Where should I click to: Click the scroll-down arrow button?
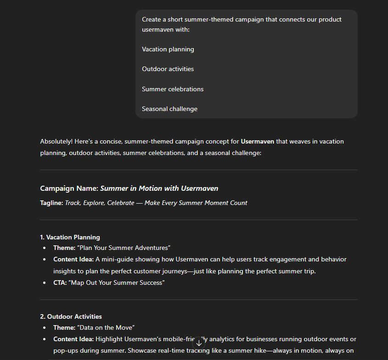[199, 343]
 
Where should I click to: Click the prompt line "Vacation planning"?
[168, 49]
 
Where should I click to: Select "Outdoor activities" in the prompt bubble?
[168, 69]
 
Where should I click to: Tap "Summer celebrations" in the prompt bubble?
[173, 89]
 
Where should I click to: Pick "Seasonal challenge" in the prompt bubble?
[169, 109]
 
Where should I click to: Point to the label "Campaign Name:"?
[69, 188]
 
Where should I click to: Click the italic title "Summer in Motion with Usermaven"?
[159, 188]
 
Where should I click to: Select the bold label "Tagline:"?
[51, 203]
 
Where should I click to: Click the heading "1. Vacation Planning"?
[70, 237]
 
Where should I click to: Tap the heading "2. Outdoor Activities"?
[71, 316]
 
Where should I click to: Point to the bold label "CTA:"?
[60, 282]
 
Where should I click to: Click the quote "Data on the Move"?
[106, 327]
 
